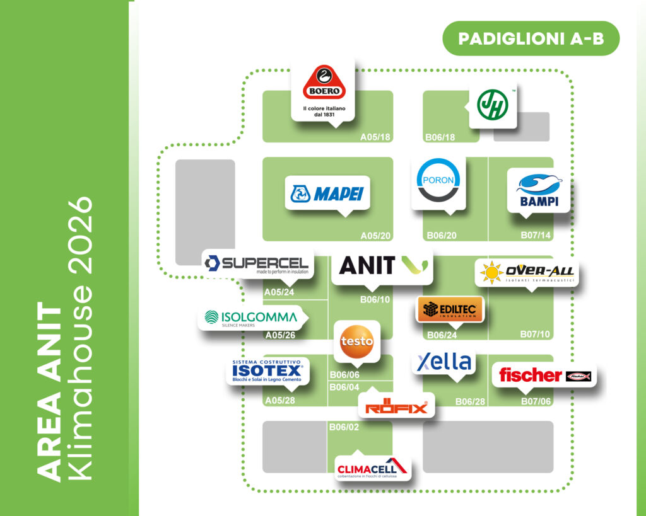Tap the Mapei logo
tap(327, 193)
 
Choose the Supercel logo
tap(256, 264)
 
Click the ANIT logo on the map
tap(382, 266)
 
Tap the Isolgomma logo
tap(251, 318)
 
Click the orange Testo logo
tap(357, 340)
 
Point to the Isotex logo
tap(267, 372)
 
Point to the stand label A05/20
tap(376, 236)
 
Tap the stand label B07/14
tap(536, 236)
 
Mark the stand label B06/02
tap(344, 427)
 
